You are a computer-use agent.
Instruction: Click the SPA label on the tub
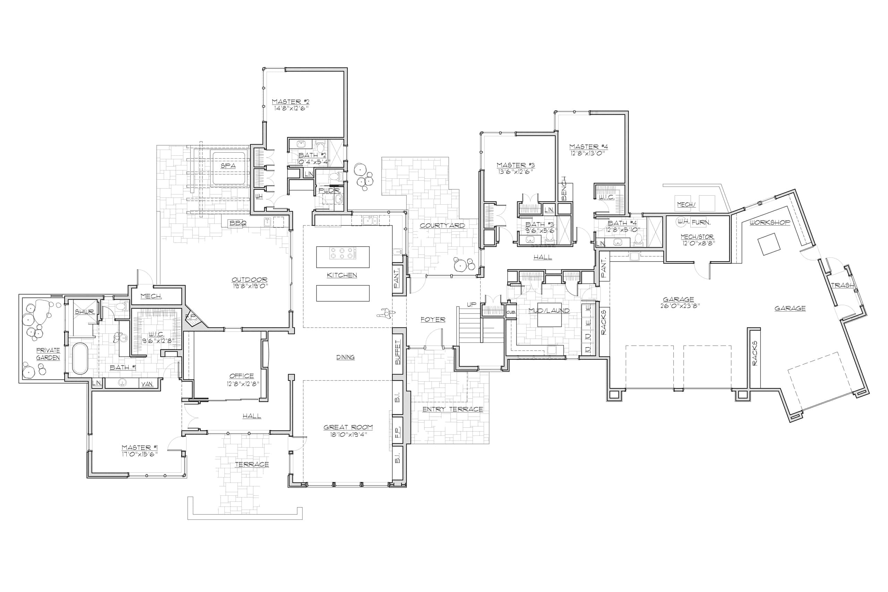click(x=228, y=166)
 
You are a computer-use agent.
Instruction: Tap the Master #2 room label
click(x=290, y=102)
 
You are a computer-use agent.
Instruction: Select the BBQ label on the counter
click(x=238, y=223)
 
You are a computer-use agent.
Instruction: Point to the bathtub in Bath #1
click(x=80, y=358)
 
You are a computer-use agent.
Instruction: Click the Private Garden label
click(x=48, y=354)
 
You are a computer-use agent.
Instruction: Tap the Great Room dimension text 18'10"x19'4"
click(x=348, y=434)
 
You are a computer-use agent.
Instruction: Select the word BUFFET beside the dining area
click(x=398, y=352)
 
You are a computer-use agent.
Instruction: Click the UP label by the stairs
click(x=471, y=304)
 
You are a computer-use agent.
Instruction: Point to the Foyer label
click(x=433, y=319)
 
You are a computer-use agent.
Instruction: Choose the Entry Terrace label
click(x=452, y=409)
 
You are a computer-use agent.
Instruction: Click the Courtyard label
click(x=442, y=225)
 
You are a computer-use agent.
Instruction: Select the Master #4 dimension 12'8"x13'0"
click(x=588, y=153)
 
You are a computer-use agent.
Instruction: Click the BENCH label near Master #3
click(x=564, y=188)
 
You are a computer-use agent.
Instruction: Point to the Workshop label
click(x=769, y=222)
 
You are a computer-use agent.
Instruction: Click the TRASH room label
click(x=842, y=285)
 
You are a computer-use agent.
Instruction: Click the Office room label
click(x=241, y=376)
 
